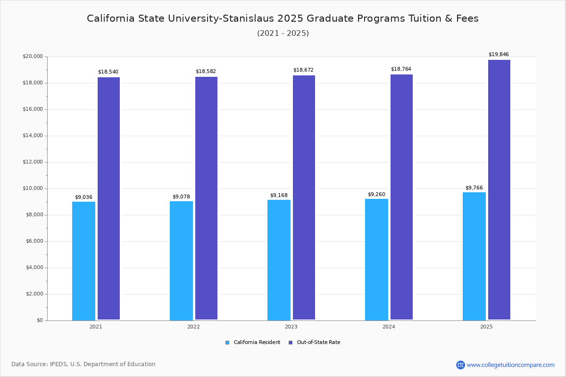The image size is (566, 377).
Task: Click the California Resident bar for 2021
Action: pos(83,261)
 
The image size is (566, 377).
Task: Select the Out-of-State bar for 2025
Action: pos(499,190)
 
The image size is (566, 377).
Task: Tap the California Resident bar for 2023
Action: pos(279,260)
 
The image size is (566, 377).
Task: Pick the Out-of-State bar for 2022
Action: pos(206,198)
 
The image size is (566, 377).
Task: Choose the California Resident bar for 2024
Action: pos(376,260)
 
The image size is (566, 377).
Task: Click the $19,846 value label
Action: pos(499,55)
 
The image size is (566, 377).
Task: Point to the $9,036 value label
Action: pos(83,197)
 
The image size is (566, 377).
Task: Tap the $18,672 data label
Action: pos(303,70)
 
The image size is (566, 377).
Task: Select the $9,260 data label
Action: pos(376,195)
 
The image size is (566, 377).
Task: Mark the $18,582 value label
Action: pos(206,72)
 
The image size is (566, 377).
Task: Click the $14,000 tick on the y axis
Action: pos(33,136)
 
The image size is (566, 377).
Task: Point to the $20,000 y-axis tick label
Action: pos(33,57)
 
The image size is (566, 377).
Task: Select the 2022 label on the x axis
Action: pos(193,327)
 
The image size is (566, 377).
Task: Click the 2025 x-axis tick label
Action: pos(486,327)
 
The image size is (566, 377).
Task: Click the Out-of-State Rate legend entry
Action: pos(318,343)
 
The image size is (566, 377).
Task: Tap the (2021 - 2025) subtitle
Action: pos(283,33)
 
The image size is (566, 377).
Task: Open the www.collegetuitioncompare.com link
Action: pos(510,365)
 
